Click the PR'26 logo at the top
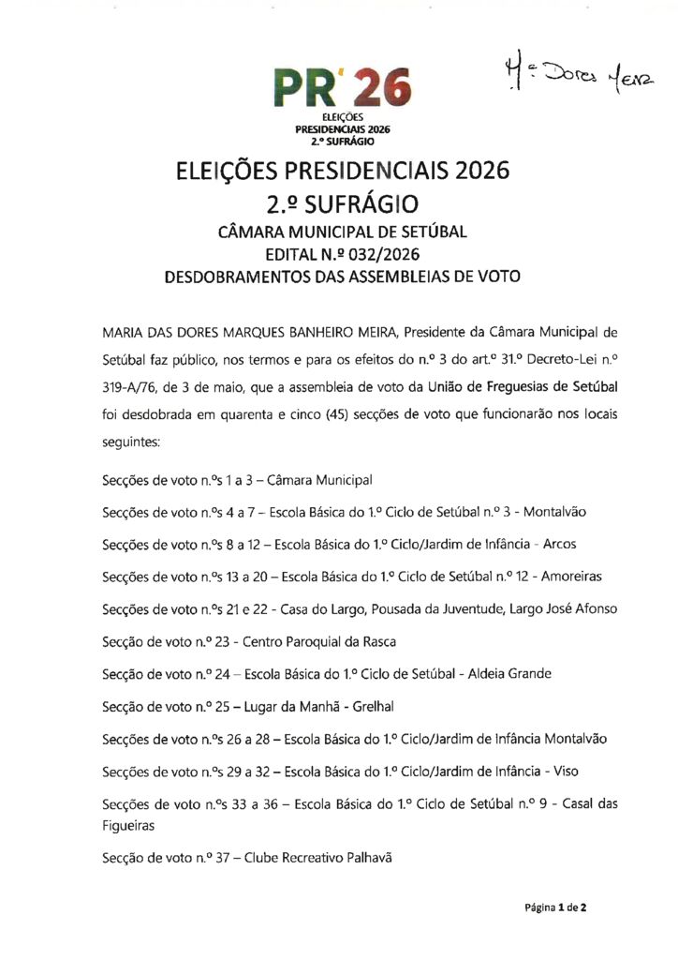[342, 90]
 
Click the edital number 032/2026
[379, 254]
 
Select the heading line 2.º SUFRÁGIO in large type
[341, 202]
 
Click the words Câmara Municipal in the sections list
[319, 480]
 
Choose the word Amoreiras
[569, 576]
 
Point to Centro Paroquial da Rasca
[320, 641]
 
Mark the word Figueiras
[128, 826]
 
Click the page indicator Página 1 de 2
[555, 907]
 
